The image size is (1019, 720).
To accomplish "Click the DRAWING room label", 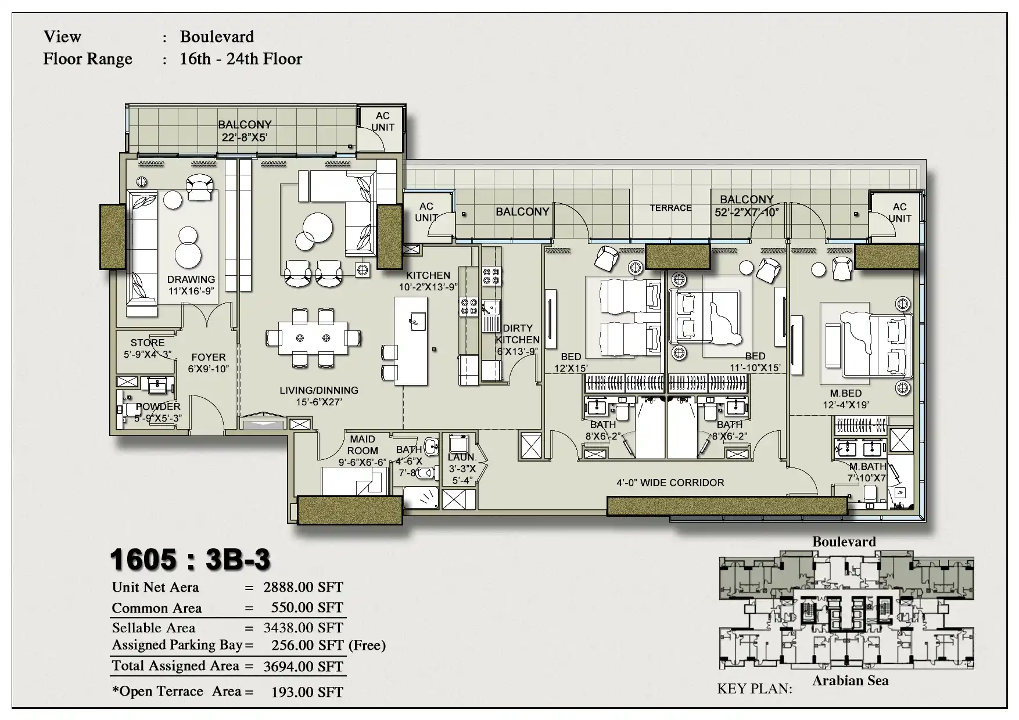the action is tap(191, 279).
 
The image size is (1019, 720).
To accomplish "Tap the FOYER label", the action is tap(208, 358).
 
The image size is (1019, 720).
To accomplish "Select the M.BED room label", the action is tap(846, 394).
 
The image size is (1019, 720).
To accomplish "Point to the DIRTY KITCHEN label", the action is tap(517, 334).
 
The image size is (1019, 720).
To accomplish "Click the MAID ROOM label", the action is tap(363, 445).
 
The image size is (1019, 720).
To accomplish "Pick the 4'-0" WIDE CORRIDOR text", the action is tap(670, 483).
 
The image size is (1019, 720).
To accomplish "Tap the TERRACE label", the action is tap(670, 208).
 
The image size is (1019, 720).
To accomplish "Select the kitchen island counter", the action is tap(411, 341).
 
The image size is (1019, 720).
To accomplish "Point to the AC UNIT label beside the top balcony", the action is tap(382, 121).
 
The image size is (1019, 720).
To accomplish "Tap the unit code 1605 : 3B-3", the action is tap(190, 560).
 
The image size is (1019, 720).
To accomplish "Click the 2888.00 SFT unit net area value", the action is tap(303, 587).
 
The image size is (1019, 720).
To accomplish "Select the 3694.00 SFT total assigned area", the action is tap(303, 667).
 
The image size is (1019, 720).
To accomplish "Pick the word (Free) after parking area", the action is tap(367, 645).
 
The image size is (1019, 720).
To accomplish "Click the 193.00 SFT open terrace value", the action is tap(307, 692).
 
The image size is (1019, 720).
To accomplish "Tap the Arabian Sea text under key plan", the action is tap(851, 681).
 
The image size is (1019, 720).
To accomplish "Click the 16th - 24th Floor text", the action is tap(241, 59).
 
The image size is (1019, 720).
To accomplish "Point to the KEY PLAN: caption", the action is tap(755, 689).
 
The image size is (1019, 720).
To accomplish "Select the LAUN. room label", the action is tap(461, 458).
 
